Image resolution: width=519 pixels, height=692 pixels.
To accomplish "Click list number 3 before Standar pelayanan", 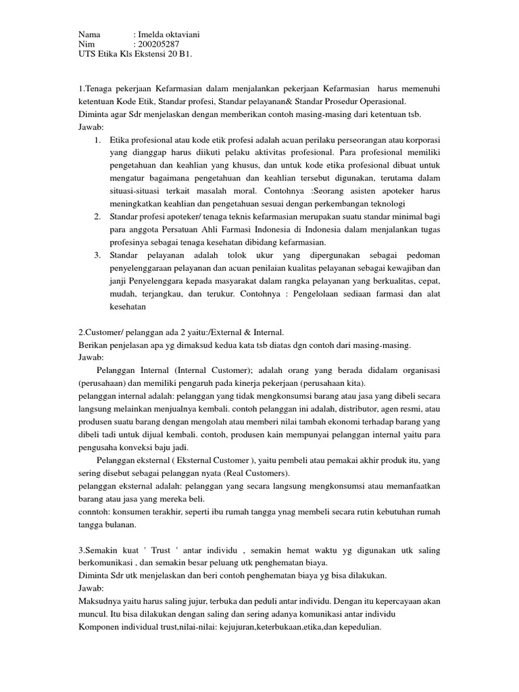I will (x=97, y=255).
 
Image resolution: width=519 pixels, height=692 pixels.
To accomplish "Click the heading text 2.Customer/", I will (x=103, y=332).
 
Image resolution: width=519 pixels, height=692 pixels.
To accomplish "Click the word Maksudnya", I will (x=101, y=601).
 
